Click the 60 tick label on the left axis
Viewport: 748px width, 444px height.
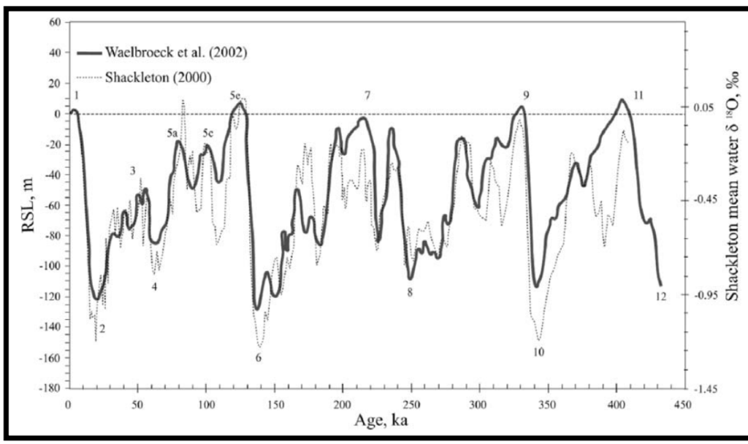click(53, 22)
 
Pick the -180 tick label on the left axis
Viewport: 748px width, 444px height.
click(50, 388)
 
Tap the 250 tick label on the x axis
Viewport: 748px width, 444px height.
click(410, 404)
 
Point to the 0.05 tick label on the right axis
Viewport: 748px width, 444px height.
click(704, 108)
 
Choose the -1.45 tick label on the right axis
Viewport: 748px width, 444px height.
click(704, 388)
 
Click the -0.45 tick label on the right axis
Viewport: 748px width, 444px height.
click(704, 199)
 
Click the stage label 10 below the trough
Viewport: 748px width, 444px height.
click(539, 352)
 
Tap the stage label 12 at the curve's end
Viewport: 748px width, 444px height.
click(661, 296)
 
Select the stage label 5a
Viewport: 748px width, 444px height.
click(172, 133)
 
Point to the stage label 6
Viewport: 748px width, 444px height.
click(258, 358)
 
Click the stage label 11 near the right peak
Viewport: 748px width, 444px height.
click(638, 96)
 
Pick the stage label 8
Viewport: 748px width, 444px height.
click(410, 292)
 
